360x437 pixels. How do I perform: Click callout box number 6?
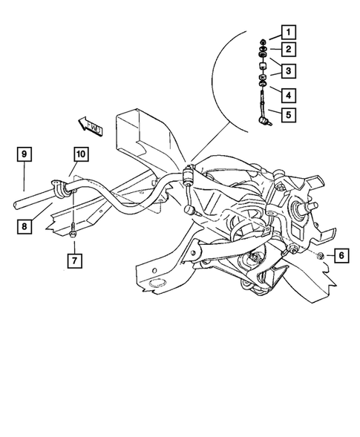point(341,256)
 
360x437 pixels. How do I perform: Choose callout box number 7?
point(74,260)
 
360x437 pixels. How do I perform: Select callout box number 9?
point(25,154)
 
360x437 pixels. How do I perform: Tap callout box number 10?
point(80,154)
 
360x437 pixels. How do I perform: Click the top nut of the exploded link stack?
point(264,42)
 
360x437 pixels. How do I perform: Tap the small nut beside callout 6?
point(318,256)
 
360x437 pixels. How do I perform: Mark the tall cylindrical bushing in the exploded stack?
point(264,65)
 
